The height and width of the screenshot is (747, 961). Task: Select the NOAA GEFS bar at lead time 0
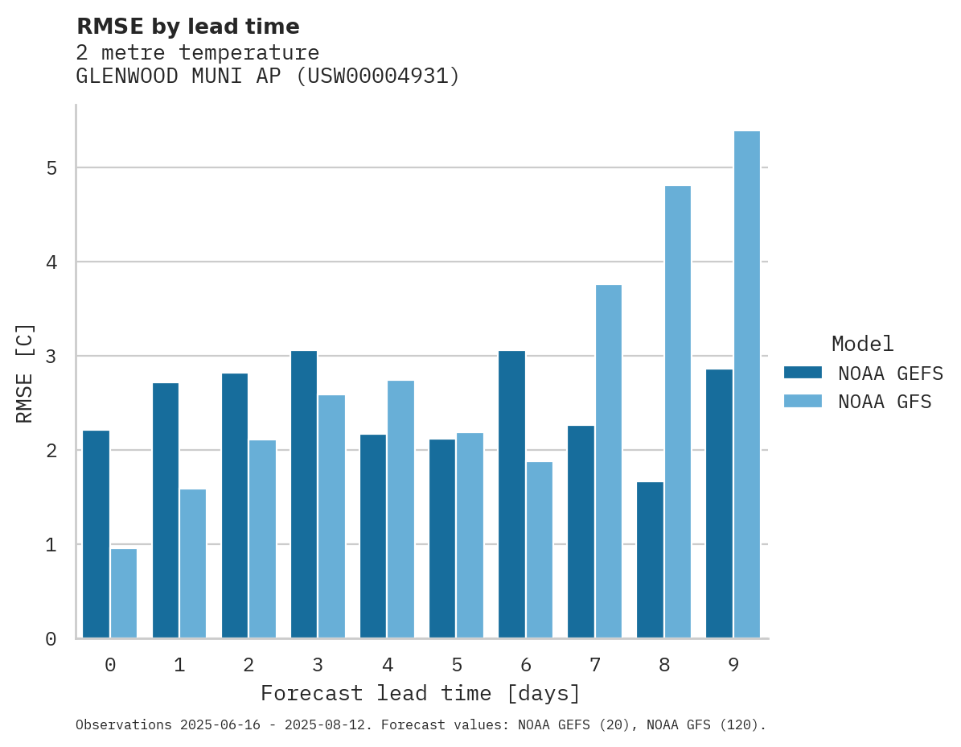tap(97, 534)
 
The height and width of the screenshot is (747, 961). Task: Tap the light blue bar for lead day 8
tap(678, 412)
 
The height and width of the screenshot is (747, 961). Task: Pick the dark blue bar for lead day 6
tap(512, 494)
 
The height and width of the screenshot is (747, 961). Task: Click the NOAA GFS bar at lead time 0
tap(124, 593)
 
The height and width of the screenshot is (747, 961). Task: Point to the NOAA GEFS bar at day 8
tap(651, 560)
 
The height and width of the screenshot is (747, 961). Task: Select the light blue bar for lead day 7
tap(609, 461)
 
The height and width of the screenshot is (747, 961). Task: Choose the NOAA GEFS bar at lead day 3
tap(304, 494)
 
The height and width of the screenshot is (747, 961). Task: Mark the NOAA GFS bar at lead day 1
tap(193, 563)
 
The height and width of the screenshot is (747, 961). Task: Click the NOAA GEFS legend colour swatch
tap(803, 373)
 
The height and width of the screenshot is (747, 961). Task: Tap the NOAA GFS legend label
tap(885, 402)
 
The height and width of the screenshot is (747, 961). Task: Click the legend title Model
tap(862, 345)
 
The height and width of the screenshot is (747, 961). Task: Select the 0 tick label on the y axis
tap(50, 639)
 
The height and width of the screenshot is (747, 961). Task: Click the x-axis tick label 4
tap(388, 666)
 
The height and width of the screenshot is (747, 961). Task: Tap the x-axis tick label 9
tap(734, 666)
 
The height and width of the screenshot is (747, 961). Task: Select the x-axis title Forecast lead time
tap(420, 694)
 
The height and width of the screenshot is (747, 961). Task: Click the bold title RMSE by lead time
tap(187, 27)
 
